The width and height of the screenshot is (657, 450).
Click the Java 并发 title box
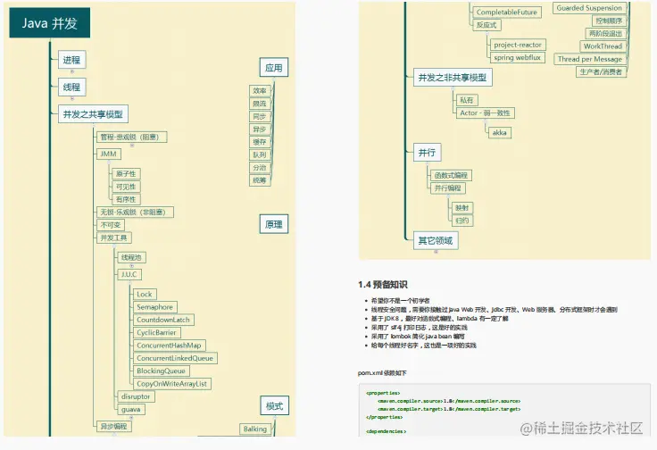50,23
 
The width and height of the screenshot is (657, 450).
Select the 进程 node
71,61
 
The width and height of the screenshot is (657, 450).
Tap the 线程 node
71,87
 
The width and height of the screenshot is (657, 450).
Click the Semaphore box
154,306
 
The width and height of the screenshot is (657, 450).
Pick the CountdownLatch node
163,320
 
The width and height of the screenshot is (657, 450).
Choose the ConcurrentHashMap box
169,345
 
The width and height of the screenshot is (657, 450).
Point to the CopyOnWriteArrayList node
172,383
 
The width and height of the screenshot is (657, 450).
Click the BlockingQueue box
161,371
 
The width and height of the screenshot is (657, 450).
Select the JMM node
108,154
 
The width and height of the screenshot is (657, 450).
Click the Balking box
254,429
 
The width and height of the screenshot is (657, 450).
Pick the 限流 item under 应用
260,104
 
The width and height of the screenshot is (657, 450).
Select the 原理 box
273,224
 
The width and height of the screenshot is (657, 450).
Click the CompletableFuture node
506,12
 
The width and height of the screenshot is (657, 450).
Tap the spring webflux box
517,57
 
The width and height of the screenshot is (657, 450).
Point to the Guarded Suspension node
589,8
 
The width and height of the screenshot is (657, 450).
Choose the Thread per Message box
589,59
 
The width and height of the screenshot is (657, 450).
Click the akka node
500,132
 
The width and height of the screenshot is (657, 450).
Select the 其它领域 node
435,240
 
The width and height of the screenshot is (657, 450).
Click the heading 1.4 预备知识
388,284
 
